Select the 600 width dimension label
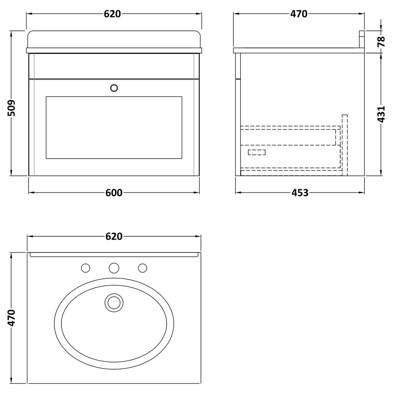click(114, 193)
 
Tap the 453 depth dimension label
click(300, 193)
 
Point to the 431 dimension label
click(381, 114)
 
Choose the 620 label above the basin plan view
click(114, 236)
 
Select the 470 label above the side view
click(299, 14)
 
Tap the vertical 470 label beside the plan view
click(11, 318)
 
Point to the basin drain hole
click(114, 302)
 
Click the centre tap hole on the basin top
click(114, 267)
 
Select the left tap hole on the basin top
click(85, 267)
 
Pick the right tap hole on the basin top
click(142, 267)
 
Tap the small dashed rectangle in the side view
click(257, 153)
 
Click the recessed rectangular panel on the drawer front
click(114, 127)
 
